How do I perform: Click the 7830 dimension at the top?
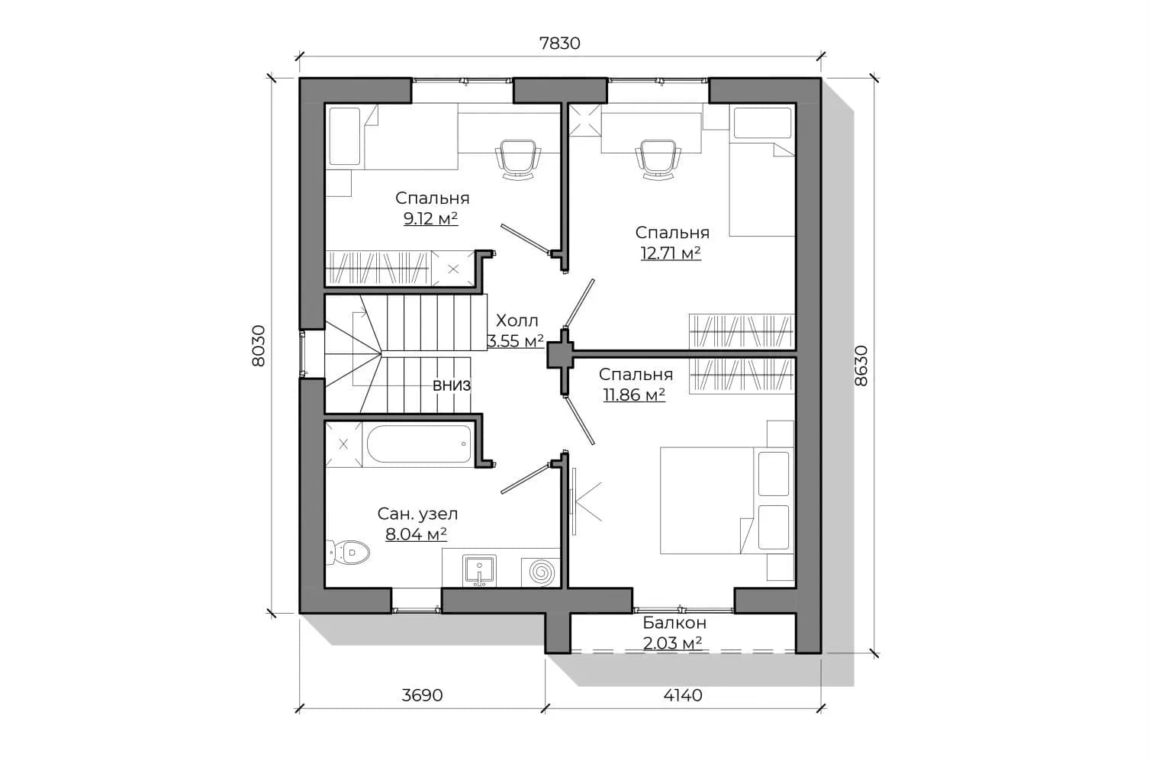(x=560, y=43)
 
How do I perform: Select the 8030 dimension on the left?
(x=259, y=345)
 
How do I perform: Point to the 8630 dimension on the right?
(x=861, y=366)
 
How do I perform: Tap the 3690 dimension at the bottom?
(x=422, y=695)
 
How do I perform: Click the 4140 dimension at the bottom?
(x=683, y=695)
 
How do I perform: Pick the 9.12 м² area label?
(x=431, y=218)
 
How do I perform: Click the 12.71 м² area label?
(x=671, y=253)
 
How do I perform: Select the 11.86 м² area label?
(x=635, y=395)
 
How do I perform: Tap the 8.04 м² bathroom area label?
(x=416, y=534)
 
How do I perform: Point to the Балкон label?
(x=674, y=622)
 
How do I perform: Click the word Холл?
(x=517, y=321)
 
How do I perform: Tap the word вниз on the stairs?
(x=452, y=385)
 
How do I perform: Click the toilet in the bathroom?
(x=348, y=552)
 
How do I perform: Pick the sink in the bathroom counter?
(x=479, y=569)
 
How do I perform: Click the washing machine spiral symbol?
(x=542, y=572)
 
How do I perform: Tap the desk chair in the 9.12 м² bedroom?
(x=518, y=159)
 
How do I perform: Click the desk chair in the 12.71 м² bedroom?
(x=658, y=159)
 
